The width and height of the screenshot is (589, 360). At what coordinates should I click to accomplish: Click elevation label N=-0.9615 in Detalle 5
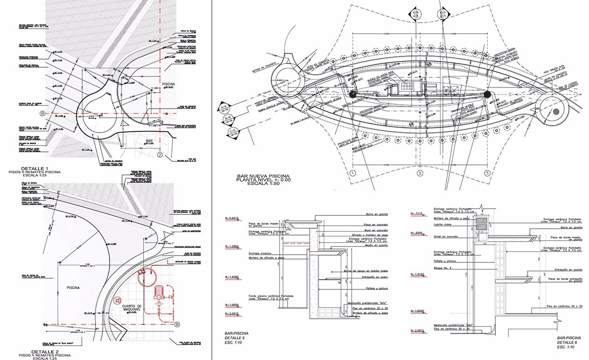point(233,217)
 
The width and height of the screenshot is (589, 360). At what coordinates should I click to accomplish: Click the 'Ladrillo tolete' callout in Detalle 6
point(444,224)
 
